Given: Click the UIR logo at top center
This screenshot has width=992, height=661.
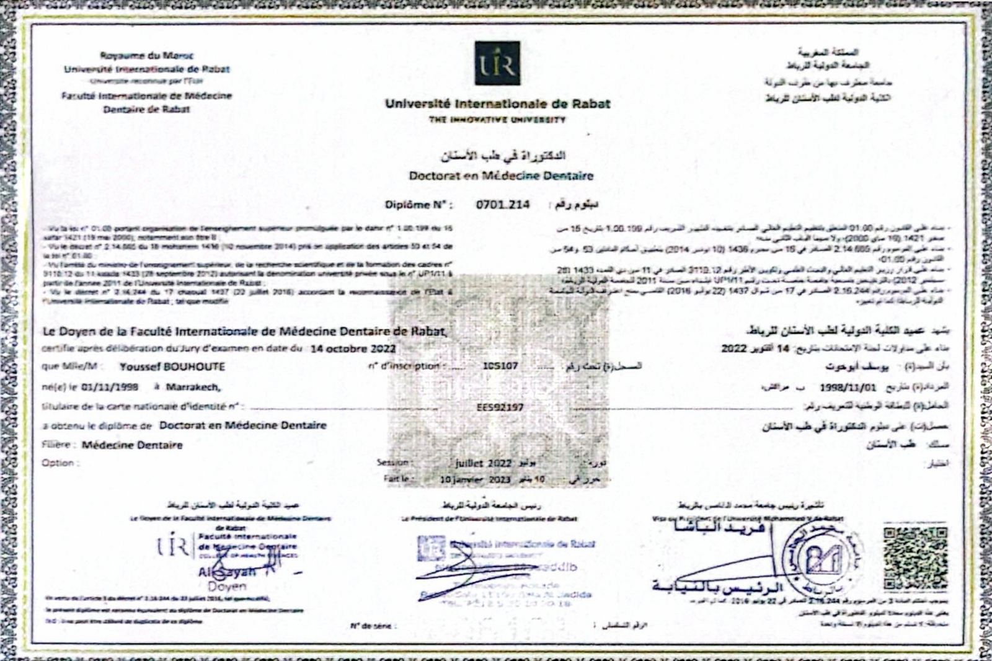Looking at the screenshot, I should (497, 63).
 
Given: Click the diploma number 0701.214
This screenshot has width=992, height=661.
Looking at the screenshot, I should (503, 204).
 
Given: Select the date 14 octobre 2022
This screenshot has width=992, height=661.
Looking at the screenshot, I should (353, 348).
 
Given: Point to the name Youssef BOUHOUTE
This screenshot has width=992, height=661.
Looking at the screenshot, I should (172, 366).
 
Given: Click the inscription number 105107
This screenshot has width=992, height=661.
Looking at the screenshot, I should (500, 366).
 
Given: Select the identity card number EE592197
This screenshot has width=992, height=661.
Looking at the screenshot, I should (500, 407).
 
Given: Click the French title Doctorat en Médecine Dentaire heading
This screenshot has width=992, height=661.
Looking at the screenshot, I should (501, 175).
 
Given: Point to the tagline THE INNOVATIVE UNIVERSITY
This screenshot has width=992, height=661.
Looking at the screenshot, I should (497, 120).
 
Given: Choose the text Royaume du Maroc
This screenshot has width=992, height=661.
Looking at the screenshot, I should (147, 56).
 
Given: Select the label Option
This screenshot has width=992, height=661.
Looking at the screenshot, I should (60, 463).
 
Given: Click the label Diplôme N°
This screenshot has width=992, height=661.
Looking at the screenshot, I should (418, 205).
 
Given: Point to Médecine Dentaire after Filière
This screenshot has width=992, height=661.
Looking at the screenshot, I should (132, 445).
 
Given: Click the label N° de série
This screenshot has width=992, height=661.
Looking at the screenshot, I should (370, 626).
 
